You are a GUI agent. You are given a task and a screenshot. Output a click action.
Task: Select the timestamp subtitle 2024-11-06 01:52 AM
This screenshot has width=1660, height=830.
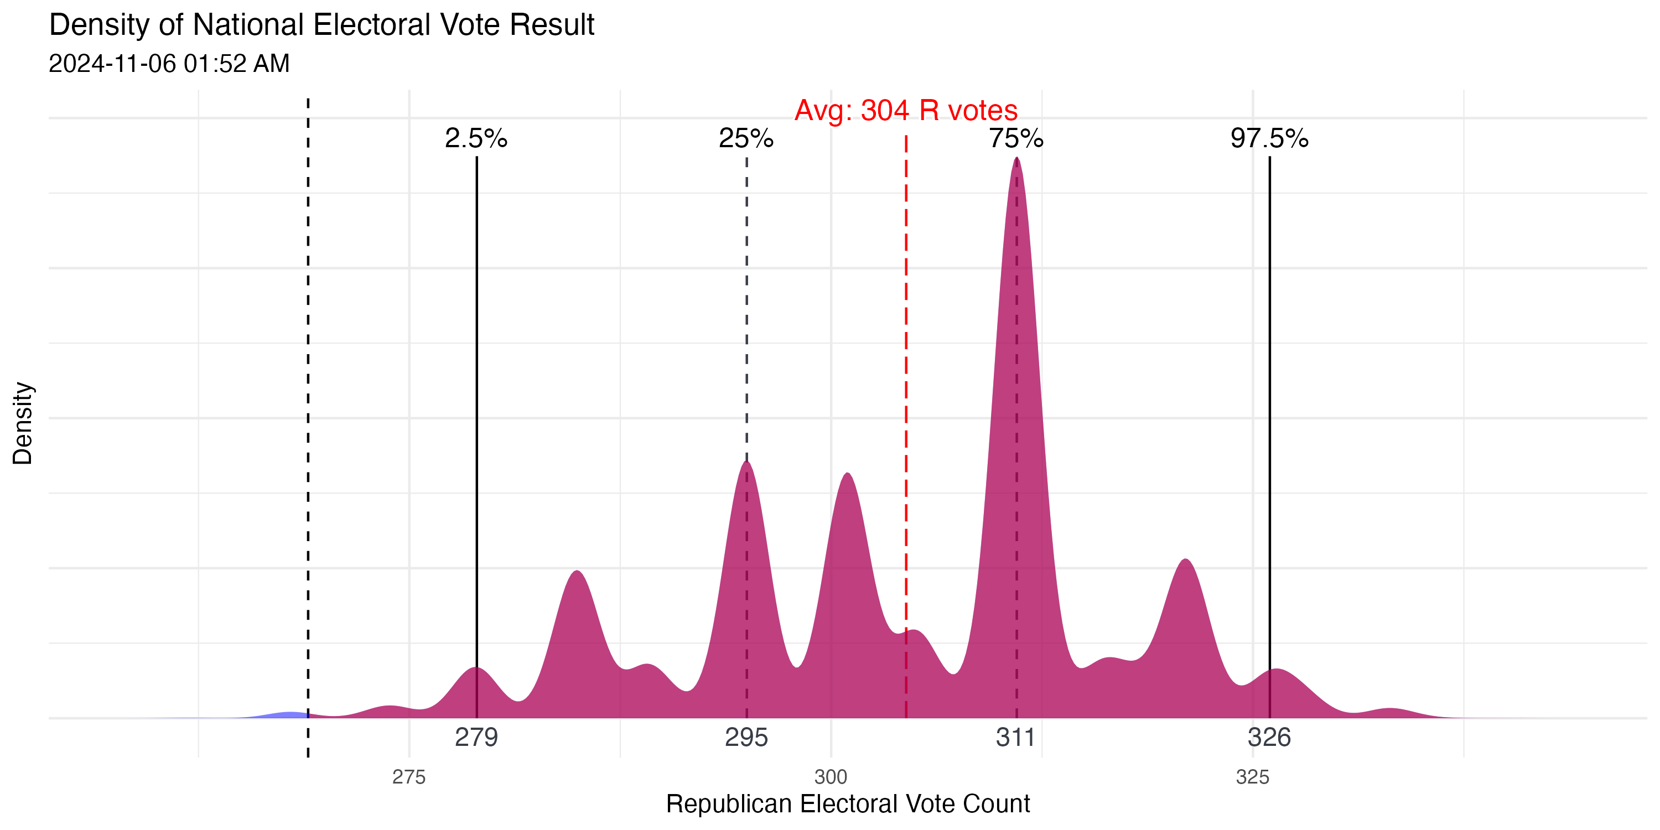tap(169, 64)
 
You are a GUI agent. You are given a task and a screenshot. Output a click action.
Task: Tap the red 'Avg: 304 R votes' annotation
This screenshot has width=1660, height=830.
tap(905, 110)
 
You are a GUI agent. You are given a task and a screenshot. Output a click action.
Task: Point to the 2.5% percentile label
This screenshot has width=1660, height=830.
tap(476, 138)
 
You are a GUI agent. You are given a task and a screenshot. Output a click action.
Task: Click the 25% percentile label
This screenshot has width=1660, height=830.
tap(746, 138)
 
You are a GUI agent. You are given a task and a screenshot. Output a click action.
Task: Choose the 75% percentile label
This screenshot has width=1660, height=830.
tap(1016, 138)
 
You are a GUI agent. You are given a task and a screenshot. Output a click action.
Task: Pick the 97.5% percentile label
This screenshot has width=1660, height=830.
tap(1269, 138)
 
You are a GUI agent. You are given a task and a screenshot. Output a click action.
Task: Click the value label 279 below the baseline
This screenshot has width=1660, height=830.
tap(476, 737)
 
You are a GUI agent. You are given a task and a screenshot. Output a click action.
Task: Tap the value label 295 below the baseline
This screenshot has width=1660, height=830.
tap(746, 737)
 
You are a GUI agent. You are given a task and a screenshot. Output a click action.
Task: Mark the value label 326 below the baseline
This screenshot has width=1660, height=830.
tap(1269, 737)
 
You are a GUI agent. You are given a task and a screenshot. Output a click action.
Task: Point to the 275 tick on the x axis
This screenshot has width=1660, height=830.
tap(409, 777)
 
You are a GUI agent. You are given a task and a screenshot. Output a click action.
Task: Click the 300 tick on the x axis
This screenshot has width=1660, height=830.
tap(831, 777)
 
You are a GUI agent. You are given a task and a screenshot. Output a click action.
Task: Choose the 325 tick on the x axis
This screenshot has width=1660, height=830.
tap(1253, 777)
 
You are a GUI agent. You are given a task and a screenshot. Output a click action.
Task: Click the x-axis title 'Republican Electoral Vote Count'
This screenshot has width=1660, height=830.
tap(848, 804)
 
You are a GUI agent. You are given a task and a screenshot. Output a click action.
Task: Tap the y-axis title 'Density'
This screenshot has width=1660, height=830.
tap(23, 423)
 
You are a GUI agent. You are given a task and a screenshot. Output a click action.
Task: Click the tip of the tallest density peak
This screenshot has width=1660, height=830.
tap(1017, 158)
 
